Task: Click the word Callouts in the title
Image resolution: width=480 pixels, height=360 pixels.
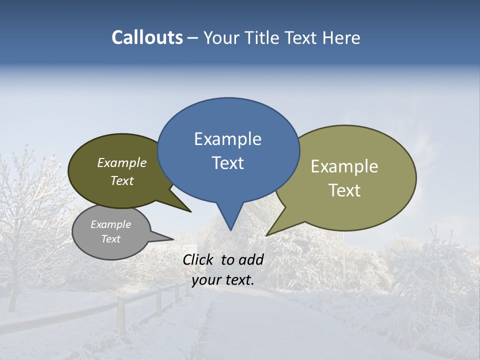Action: click(x=147, y=37)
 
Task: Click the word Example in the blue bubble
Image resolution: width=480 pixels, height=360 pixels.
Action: click(x=227, y=139)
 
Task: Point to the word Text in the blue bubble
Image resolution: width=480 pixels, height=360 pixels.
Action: click(x=227, y=163)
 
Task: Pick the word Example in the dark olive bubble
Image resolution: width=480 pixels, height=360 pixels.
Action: click(x=122, y=163)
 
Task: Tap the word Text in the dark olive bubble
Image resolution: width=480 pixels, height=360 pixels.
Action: click(x=122, y=180)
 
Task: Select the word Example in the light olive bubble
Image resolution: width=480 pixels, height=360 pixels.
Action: click(x=344, y=166)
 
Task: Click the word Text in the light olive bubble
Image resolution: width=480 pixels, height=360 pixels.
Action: click(x=344, y=190)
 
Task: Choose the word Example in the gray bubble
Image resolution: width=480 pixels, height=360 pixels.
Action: click(x=111, y=224)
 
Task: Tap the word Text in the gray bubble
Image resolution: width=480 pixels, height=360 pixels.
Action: click(x=111, y=239)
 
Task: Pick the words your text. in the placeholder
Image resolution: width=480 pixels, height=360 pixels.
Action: click(x=222, y=280)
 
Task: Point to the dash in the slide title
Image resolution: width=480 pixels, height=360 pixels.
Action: click(x=193, y=38)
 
